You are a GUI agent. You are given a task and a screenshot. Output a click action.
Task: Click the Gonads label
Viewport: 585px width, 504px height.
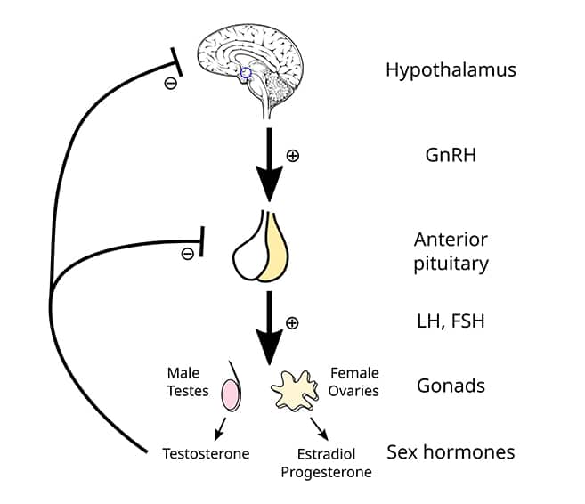(x=451, y=386)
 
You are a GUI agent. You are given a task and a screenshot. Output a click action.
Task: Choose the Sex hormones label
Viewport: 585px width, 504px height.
(x=451, y=451)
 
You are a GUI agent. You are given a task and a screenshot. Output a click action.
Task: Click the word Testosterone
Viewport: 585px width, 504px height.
(x=206, y=453)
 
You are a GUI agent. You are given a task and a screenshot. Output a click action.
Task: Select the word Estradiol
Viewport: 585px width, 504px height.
(x=325, y=454)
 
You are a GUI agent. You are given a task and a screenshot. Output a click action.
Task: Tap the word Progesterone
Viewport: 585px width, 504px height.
(x=326, y=472)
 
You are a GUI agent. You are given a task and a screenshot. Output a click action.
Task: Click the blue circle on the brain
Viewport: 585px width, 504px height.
(x=247, y=74)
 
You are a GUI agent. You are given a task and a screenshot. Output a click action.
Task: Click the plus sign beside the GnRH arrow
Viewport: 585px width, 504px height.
(x=292, y=155)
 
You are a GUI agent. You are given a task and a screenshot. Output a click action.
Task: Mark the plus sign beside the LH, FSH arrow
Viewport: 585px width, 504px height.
(x=292, y=321)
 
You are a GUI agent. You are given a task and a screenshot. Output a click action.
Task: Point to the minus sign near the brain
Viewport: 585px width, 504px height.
(x=170, y=84)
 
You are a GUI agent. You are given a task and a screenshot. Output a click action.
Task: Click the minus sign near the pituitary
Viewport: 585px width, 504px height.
(x=187, y=254)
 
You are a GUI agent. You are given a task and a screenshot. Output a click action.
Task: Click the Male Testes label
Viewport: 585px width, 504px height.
(x=187, y=381)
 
